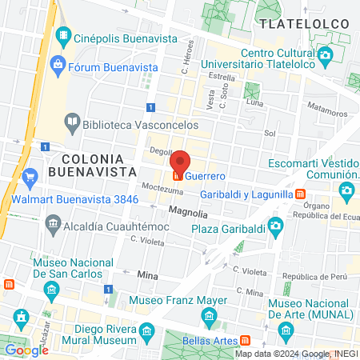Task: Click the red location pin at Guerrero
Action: [179, 162]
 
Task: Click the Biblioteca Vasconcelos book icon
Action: [73, 122]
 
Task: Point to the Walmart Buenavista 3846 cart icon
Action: [30, 176]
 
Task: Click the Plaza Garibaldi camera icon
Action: [275, 225]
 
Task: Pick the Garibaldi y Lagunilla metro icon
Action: [299, 194]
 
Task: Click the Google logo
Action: [26, 350]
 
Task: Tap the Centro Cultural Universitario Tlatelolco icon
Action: [324, 54]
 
